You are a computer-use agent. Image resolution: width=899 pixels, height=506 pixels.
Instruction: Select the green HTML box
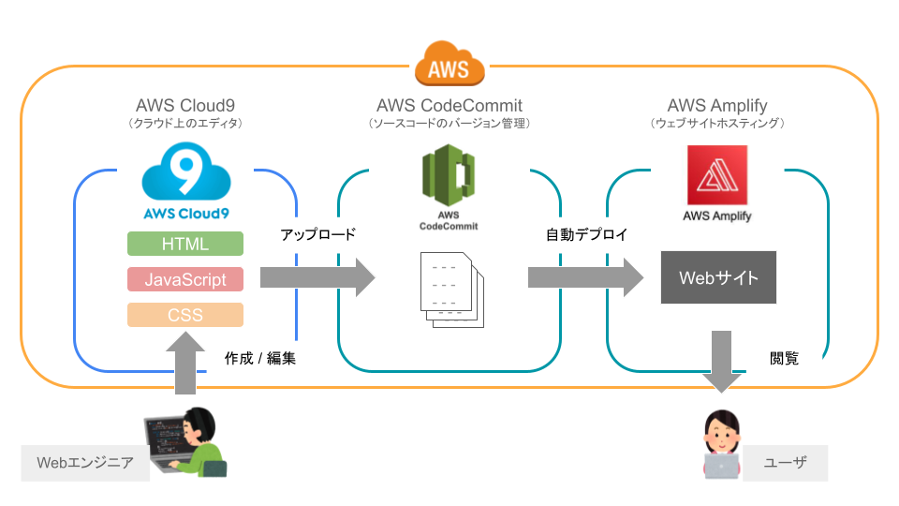(x=185, y=244)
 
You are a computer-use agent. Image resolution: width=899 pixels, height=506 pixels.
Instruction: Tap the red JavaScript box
(x=185, y=278)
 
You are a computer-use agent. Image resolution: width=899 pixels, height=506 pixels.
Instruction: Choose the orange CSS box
(x=185, y=315)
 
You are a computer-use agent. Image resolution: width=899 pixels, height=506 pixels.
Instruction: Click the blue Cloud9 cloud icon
(x=185, y=171)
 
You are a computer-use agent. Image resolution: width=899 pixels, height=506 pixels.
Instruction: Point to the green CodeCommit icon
(x=449, y=177)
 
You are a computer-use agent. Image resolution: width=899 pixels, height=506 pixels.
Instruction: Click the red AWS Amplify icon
(x=717, y=174)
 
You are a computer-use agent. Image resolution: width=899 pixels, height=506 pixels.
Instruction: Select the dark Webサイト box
(x=718, y=277)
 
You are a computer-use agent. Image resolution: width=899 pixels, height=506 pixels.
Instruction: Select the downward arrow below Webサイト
(x=720, y=362)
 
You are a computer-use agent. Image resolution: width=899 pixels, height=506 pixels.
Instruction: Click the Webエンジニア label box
(x=85, y=462)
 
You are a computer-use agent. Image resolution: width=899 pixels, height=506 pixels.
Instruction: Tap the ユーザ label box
(x=785, y=462)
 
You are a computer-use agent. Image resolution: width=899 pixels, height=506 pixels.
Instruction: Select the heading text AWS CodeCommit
(x=449, y=105)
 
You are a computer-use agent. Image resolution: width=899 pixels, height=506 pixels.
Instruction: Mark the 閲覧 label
(x=784, y=357)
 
